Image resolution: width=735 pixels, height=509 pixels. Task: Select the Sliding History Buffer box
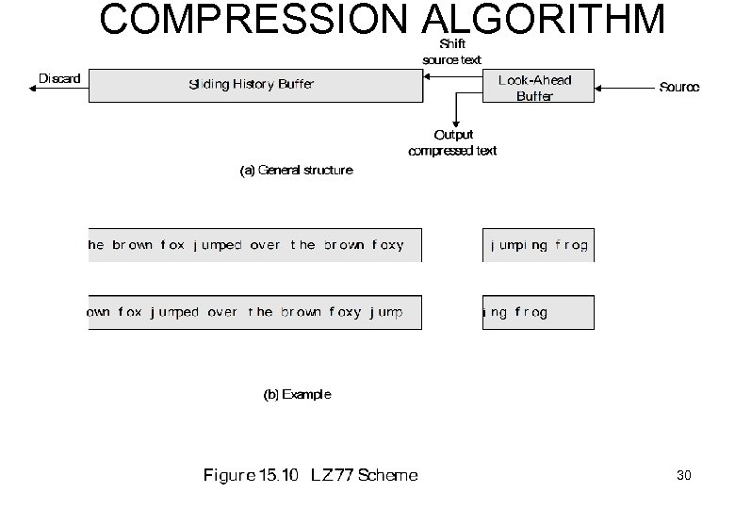[x=254, y=85]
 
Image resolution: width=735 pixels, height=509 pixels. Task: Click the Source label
[x=678, y=88]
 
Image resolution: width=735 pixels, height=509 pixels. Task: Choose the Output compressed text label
[x=452, y=143]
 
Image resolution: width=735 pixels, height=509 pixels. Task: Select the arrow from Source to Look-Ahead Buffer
[x=626, y=88]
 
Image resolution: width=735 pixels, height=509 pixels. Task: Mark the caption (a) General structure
[x=296, y=171]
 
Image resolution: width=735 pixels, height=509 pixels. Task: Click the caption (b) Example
[x=296, y=394]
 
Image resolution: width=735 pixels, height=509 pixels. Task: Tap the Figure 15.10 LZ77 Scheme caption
[x=311, y=475]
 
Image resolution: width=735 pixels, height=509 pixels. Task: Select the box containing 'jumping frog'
[x=538, y=245]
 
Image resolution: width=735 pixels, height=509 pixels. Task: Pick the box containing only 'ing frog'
[x=538, y=312]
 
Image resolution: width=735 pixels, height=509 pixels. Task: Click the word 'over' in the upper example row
[x=265, y=245]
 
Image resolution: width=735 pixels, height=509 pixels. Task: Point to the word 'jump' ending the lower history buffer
[x=386, y=312]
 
